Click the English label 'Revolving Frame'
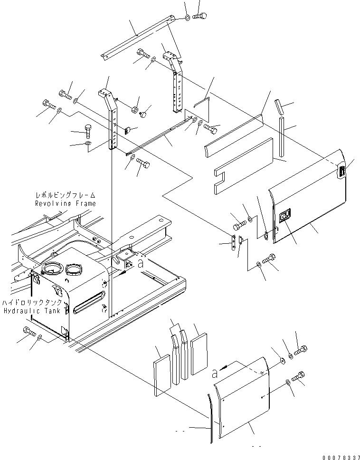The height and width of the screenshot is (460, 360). point(65,203)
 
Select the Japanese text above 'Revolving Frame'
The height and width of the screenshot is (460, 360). point(66,195)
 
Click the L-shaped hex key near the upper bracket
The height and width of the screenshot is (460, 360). point(201,103)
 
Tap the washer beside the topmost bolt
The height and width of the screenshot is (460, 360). point(188,18)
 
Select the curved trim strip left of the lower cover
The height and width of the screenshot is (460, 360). point(210,418)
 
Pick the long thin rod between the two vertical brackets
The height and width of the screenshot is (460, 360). point(157,138)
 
